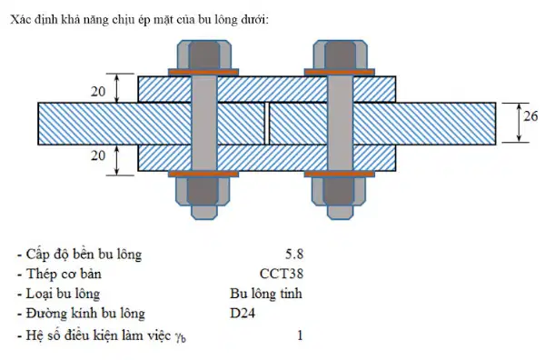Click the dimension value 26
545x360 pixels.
tap(530, 116)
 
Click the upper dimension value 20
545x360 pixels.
tap(98, 92)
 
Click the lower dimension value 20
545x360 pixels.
tap(98, 155)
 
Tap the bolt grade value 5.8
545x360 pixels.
tap(294, 255)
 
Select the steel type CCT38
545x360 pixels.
tap(282, 274)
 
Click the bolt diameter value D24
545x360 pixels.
tap(243, 314)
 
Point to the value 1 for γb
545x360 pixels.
tap(300, 335)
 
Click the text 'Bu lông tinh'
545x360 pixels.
tap(266, 294)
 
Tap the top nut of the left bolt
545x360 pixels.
tap(204, 55)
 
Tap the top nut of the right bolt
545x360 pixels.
tap(340, 55)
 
